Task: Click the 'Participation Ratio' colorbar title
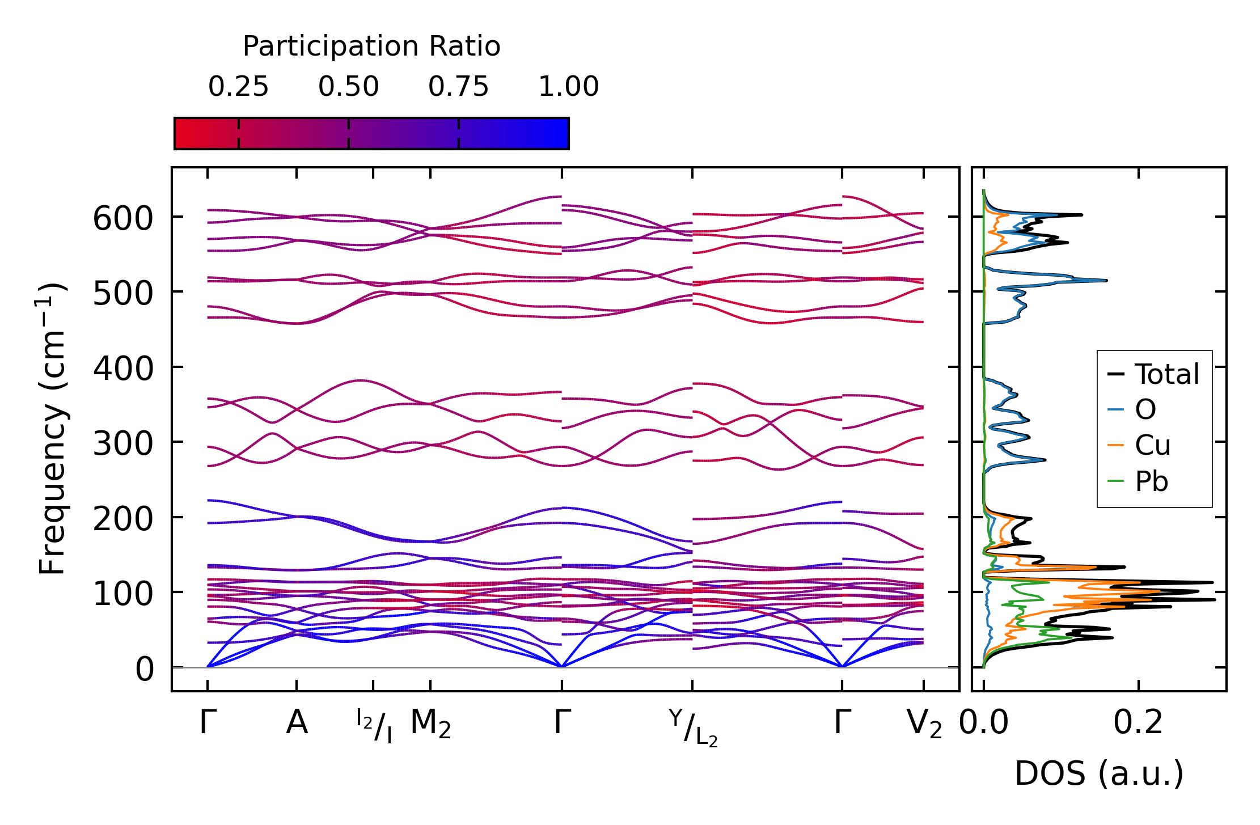[x=371, y=46]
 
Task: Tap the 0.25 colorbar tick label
[x=238, y=87]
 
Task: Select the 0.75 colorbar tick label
[x=458, y=87]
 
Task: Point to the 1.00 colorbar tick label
[x=568, y=87]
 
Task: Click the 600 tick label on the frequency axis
[x=123, y=219]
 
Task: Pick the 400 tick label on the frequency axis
[x=123, y=369]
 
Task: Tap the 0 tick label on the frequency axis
[x=145, y=670]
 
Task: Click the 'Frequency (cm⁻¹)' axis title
[x=52, y=429]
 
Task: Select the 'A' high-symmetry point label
[x=297, y=724]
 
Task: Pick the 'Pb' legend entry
[x=1151, y=482]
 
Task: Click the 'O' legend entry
[x=1145, y=409]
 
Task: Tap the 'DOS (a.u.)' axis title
[x=1099, y=774]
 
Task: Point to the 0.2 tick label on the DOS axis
[x=1138, y=724]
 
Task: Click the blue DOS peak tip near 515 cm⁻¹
[x=1106, y=281]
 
